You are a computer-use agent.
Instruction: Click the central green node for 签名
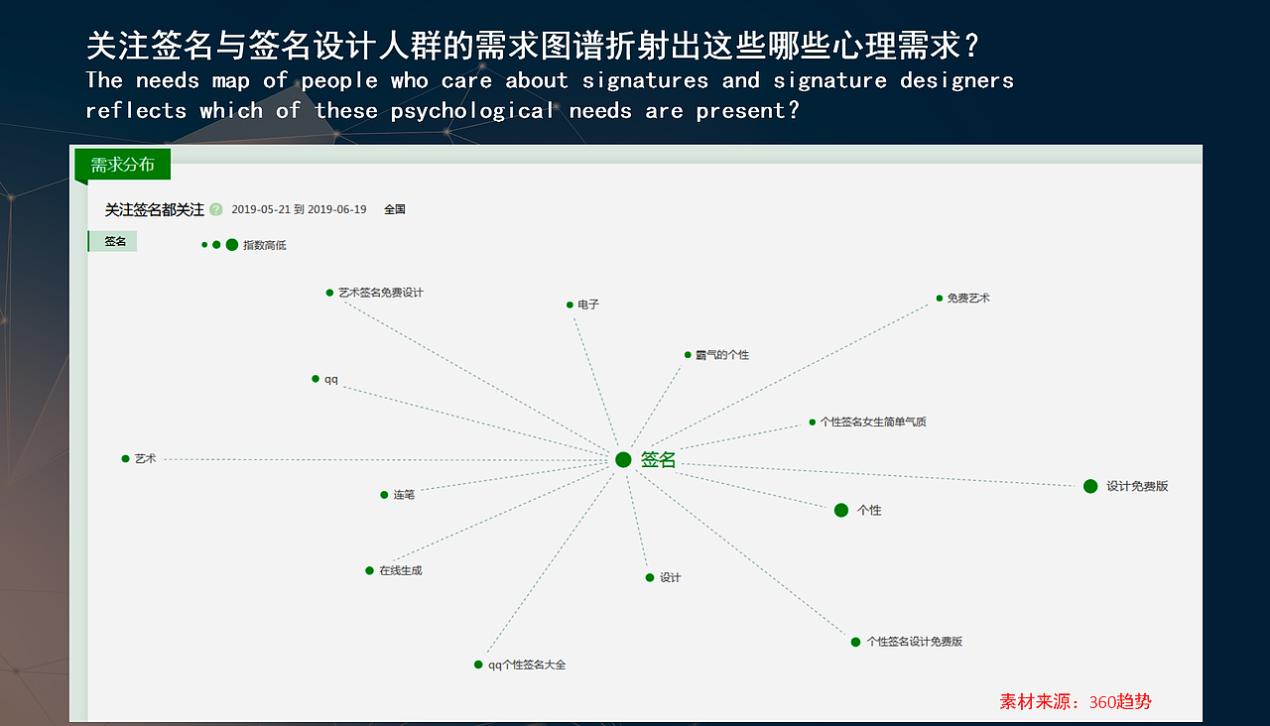pos(623,459)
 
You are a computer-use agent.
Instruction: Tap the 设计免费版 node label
pos(1137,486)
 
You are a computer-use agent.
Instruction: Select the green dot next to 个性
pos(841,510)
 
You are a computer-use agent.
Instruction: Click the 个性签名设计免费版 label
pos(914,642)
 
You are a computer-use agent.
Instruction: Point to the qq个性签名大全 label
pos(527,665)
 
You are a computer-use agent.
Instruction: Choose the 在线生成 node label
pos(400,570)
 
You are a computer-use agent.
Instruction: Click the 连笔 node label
pos(404,495)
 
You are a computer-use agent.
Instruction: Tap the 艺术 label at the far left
pos(145,458)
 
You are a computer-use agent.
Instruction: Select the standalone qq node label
pos(331,379)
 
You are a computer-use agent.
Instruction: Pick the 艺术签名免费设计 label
pos(380,293)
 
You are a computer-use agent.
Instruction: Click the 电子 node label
pos(588,304)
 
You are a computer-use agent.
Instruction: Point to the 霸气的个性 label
pos(722,355)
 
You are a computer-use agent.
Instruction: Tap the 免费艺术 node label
pos(968,298)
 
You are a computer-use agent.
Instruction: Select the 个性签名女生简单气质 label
pos(873,422)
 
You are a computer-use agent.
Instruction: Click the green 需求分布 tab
pos(123,165)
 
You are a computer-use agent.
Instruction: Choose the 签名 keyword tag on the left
pos(115,242)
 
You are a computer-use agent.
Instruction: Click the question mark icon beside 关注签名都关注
pos(216,209)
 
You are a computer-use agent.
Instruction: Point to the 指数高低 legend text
pos(265,245)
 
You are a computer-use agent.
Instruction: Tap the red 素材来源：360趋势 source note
pos(1076,702)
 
